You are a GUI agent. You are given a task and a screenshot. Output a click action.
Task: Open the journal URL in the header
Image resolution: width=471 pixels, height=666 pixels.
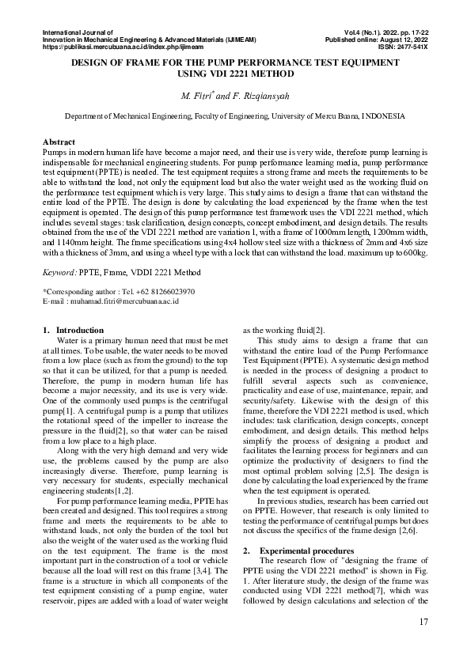(127, 47)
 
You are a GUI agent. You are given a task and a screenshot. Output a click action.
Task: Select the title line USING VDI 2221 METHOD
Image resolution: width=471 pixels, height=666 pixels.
(235, 74)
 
